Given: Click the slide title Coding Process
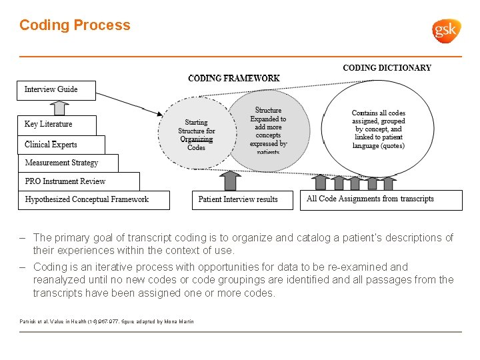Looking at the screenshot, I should point(75,25).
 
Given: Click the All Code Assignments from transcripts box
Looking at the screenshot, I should point(380,199).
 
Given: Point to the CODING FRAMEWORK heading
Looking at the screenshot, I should point(233,78).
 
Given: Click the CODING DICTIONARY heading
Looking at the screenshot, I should point(387,68).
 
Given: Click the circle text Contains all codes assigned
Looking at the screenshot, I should point(378,129).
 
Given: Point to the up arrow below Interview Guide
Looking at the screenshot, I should point(60,107).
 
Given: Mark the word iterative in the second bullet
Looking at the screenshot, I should point(107,267).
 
